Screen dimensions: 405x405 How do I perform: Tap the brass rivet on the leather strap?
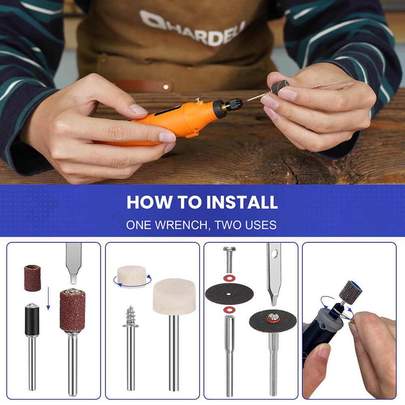click(x=165, y=86)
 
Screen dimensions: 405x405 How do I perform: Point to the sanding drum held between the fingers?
click(x=280, y=87)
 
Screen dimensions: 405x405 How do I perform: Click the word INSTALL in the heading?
click(x=242, y=202)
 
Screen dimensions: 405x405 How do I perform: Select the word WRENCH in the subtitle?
click(x=181, y=225)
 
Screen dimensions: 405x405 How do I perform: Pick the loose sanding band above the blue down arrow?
click(x=32, y=278)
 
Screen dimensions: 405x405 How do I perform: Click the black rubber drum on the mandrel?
click(x=32, y=320)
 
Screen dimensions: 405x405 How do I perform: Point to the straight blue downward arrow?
click(x=48, y=298)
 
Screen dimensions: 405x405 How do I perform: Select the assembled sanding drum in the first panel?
click(x=72, y=310)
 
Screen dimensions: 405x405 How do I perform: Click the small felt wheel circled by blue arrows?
click(x=132, y=276)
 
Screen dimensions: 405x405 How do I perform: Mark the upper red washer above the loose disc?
click(x=229, y=279)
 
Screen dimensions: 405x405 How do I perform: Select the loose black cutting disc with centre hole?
click(x=229, y=294)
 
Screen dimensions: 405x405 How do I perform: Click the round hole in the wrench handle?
click(x=275, y=254)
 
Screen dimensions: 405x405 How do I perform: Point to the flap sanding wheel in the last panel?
click(x=350, y=291)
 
